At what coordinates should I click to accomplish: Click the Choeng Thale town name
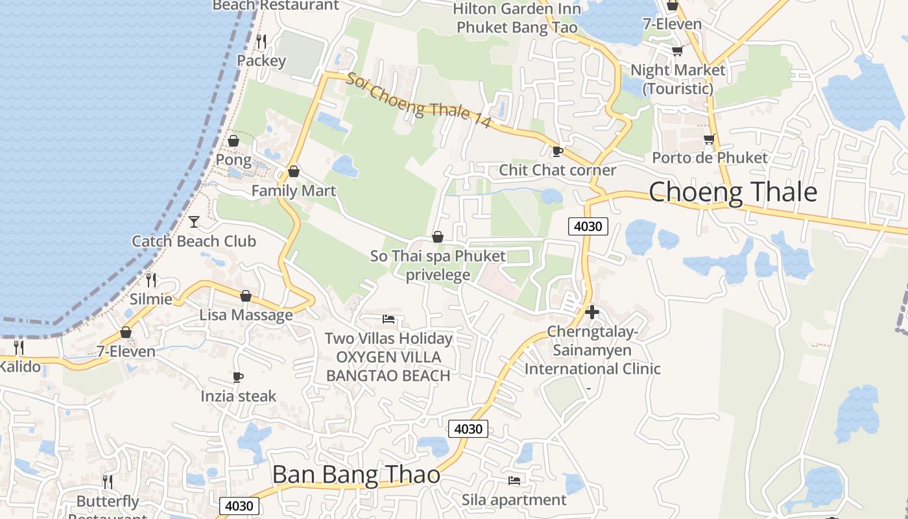[733, 192]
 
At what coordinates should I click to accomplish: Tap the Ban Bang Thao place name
[356, 475]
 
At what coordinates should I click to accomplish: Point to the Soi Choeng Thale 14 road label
[418, 101]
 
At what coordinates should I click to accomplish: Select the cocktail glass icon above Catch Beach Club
[194, 222]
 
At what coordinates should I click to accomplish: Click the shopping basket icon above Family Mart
[294, 171]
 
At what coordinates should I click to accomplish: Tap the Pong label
[233, 160]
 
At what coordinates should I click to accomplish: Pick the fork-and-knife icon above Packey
[261, 41]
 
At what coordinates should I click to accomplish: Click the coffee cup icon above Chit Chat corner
[557, 151]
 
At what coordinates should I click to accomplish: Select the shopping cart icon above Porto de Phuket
[710, 139]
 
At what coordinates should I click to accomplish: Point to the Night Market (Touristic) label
[678, 78]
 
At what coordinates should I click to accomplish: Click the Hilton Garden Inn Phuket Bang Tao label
[517, 18]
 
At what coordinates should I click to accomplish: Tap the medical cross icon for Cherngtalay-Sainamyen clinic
[591, 312]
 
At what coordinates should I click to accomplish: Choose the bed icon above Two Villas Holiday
[388, 319]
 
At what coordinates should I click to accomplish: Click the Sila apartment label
[514, 500]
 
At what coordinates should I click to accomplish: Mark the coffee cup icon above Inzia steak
[238, 377]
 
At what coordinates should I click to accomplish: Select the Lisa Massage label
[246, 315]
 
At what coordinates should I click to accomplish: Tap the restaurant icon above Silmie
[151, 280]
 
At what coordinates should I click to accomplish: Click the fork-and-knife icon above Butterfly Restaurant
[108, 481]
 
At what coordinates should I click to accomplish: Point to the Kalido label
[19, 367]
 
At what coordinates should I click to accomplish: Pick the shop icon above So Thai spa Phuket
[438, 237]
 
